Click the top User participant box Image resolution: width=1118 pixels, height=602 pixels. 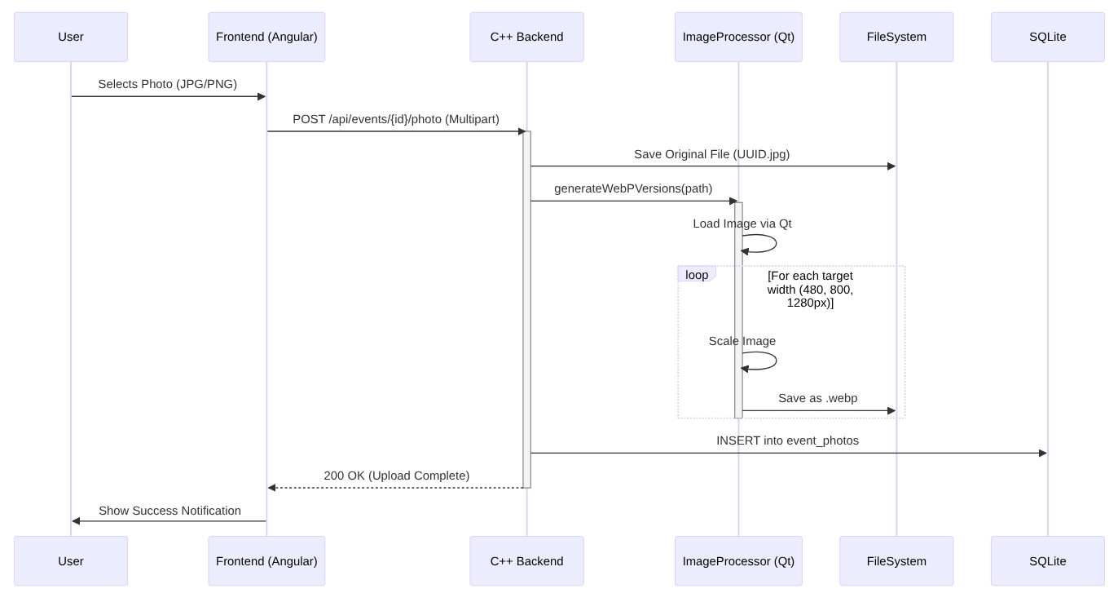tap(71, 37)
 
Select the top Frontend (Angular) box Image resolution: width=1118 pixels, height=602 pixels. tap(266, 37)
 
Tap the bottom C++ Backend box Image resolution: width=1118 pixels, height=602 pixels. tap(526, 560)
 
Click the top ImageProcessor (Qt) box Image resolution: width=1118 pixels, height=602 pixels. tap(738, 37)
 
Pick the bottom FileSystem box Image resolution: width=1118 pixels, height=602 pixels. tap(896, 560)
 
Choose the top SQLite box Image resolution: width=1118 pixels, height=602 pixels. tap(1047, 37)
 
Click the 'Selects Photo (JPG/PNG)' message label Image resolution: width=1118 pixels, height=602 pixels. tap(168, 84)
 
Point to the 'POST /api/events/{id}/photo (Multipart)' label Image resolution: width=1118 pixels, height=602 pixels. tap(396, 119)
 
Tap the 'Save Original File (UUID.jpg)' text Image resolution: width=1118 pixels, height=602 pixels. tap(711, 154)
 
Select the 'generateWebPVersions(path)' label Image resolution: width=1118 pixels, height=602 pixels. tap(633, 188)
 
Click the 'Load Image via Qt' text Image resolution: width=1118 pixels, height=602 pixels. tap(742, 224)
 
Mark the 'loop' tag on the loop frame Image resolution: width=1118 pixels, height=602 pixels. tap(697, 275)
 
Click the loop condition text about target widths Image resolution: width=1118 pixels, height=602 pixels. tap(810, 289)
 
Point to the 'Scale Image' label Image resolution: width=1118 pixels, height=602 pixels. tap(742, 341)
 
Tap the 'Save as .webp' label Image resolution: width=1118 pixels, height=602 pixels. tap(817, 398)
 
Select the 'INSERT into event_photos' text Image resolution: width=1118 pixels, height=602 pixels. tap(787, 440)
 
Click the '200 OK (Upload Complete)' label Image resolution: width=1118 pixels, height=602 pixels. tap(396, 476)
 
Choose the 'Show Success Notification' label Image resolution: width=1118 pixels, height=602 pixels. tap(169, 511)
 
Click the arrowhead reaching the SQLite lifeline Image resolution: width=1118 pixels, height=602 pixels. tap(1042, 453)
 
